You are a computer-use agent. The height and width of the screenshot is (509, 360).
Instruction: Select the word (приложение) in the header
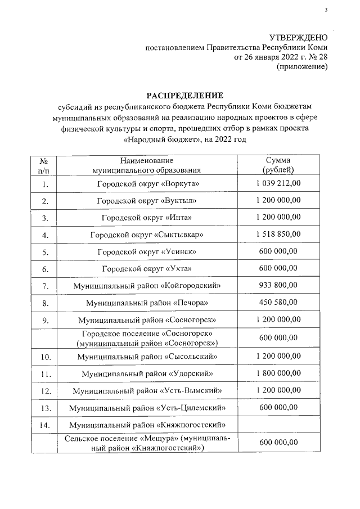point(301,67)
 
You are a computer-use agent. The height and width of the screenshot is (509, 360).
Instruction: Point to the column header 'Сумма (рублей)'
point(277,165)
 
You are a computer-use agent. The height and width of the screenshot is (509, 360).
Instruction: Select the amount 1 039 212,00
point(277,184)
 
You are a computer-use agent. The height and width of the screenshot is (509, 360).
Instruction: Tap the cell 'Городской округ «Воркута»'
point(148,184)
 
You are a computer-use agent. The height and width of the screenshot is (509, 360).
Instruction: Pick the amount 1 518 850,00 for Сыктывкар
point(277,234)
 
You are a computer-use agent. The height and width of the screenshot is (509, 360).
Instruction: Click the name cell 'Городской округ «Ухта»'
point(148,268)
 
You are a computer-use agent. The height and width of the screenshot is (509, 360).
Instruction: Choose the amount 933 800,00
point(277,285)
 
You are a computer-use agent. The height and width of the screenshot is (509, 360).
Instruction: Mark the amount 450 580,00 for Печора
point(277,303)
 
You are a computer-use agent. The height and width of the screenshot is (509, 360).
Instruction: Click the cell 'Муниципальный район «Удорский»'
point(148,373)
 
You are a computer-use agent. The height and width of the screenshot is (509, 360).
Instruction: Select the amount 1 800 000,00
point(277,373)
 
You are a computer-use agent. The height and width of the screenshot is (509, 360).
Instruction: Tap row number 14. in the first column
point(44,425)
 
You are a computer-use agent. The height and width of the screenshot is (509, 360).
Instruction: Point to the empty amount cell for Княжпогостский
point(277,425)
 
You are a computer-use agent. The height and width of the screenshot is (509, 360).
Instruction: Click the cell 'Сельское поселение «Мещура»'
point(148,443)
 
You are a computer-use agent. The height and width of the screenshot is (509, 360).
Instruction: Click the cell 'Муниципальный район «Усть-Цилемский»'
point(148,407)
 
